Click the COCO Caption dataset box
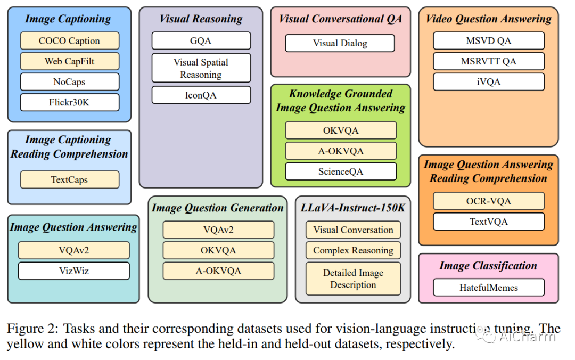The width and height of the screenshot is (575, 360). (70, 40)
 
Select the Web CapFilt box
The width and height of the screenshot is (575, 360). (70, 61)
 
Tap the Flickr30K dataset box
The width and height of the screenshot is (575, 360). (70, 102)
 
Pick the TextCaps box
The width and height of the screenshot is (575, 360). (70, 180)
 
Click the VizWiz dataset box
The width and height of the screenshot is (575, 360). (73, 271)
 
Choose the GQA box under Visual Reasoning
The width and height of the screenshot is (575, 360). (201, 40)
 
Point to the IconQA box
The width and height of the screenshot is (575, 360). (201, 95)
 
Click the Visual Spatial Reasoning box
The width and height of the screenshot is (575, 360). (201, 68)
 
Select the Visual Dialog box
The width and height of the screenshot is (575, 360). (340, 43)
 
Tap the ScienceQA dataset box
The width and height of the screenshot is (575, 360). (341, 171)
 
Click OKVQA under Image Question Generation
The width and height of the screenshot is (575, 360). (218, 250)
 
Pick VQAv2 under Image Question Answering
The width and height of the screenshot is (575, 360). (73, 250)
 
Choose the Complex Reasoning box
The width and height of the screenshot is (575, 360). (353, 250)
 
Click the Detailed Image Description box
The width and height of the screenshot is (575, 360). (353, 279)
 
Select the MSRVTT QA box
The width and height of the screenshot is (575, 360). (488, 61)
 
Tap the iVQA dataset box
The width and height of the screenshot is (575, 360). (488, 82)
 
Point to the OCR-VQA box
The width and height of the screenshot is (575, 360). (488, 201)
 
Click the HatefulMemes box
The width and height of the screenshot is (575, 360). (488, 288)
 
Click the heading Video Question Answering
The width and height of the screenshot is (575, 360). (488, 19)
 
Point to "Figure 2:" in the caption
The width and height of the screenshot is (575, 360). (32, 329)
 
